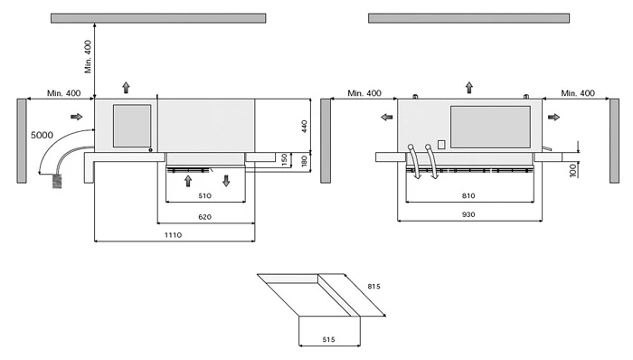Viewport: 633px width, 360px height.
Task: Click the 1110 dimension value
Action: point(173,235)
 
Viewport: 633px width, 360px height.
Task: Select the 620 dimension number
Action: point(204,217)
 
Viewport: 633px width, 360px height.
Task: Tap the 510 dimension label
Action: point(204,195)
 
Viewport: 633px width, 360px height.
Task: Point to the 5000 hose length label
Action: point(42,135)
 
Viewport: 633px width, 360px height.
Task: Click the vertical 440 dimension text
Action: point(305,126)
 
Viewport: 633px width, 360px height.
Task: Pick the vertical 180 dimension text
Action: point(305,161)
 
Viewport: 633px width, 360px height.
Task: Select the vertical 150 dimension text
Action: point(285,160)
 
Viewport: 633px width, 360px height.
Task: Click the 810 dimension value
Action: point(468,195)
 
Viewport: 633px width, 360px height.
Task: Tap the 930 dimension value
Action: point(468,214)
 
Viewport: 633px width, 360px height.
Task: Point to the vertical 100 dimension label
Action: point(572,170)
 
